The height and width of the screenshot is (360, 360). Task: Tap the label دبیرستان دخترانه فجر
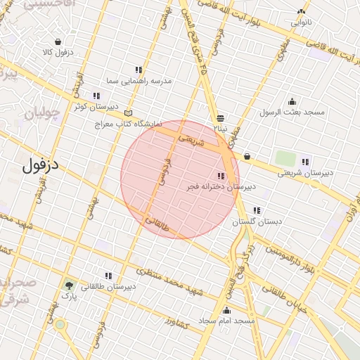[x=221, y=188]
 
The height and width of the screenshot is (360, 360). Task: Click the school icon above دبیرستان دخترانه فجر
[x=221, y=176]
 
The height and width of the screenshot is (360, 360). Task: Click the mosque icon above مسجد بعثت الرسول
[x=292, y=101]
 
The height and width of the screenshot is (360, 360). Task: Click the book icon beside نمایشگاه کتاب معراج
[x=127, y=112]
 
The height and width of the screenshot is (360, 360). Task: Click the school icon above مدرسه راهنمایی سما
[x=138, y=70]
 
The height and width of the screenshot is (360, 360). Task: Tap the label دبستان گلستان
[x=257, y=221]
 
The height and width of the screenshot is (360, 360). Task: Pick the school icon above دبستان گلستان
[x=257, y=210]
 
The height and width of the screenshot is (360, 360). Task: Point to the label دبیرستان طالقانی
[x=108, y=287]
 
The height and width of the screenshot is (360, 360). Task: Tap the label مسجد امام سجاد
[x=225, y=321]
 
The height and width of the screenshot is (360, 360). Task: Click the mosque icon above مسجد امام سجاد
[x=226, y=309]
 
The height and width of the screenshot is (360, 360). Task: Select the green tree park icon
[x=69, y=285]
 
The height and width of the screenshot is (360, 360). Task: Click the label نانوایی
[x=301, y=22]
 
